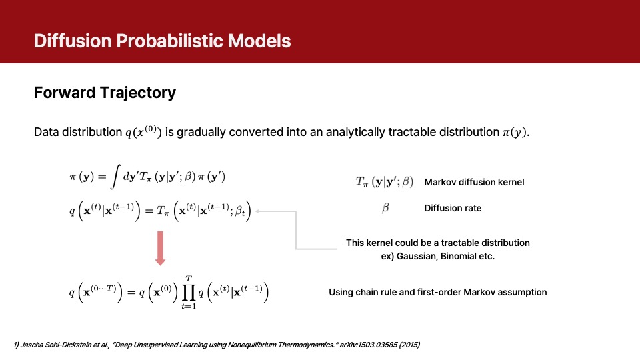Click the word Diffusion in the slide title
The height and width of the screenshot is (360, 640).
(73, 41)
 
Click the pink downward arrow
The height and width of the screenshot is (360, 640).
(161, 248)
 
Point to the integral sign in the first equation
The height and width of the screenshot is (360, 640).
(115, 177)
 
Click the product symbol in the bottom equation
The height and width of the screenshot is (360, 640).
(189, 293)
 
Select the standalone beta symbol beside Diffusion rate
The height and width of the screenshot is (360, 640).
(385, 208)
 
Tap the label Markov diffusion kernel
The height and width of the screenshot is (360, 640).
(474, 182)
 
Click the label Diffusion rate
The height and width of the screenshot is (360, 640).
(453, 208)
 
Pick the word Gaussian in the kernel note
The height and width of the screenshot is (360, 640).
(415, 256)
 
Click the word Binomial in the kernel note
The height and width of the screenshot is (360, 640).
(454, 256)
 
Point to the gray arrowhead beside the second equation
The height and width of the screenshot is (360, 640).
(258, 211)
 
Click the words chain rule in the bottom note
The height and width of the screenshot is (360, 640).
(377, 292)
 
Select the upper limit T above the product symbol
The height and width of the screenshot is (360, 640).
(189, 279)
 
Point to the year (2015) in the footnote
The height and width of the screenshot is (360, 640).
(409, 345)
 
